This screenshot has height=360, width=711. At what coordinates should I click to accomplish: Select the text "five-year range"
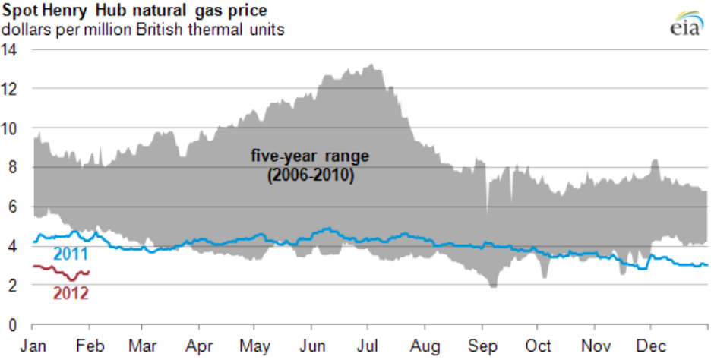[x=310, y=157]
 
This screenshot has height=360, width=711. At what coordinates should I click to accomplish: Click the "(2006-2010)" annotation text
[x=310, y=175]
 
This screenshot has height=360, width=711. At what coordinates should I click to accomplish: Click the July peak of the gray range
[x=370, y=65]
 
